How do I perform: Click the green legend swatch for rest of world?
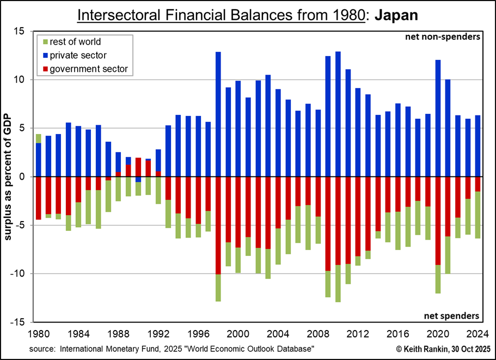point(44,42)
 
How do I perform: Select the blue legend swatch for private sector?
point(44,55)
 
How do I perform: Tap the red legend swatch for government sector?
point(44,69)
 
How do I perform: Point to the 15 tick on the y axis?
point(21,32)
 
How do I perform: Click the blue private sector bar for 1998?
point(218,114)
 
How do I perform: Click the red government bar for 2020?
point(438,221)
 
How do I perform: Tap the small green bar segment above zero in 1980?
point(39,138)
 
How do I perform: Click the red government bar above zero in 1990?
point(138,167)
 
